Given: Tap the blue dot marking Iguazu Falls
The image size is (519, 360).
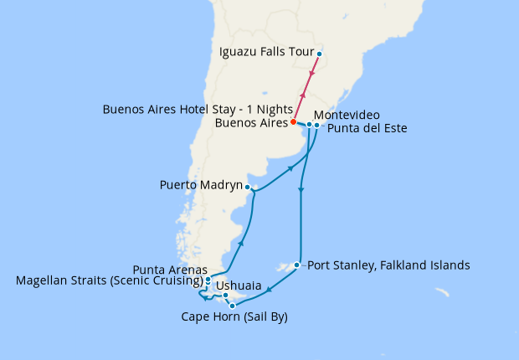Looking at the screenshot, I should coord(319,55).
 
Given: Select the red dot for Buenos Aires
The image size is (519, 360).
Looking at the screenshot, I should coord(293,123).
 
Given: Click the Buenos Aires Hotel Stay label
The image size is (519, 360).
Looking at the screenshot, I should coord(197,110).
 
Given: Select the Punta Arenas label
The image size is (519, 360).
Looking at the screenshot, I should coord(170,269).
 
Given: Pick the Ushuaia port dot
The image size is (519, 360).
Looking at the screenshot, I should coord(225,295).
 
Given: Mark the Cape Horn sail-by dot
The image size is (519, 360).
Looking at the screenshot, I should coord(232,306).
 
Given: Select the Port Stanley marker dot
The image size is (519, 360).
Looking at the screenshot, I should coord(296,266).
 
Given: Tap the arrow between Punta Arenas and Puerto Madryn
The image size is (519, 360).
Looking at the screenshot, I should coord(241,244).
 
